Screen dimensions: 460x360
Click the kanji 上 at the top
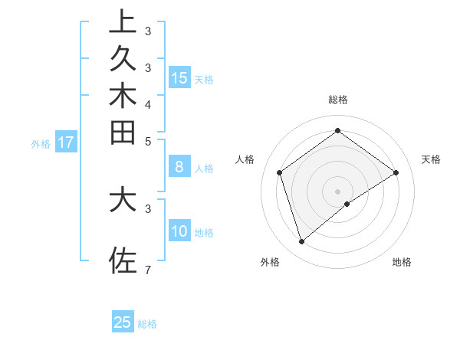[x=123, y=21]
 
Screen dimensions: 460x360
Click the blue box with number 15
[x=179, y=77]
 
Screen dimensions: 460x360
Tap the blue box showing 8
[x=179, y=166]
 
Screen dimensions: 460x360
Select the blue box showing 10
[x=179, y=231]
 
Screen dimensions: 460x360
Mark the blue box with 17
[x=66, y=142]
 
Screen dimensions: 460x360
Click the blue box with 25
[x=123, y=322]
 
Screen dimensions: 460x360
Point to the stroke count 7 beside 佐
[x=147, y=270]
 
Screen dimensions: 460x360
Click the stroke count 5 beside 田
[x=147, y=141]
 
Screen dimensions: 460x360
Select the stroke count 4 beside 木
[x=147, y=103]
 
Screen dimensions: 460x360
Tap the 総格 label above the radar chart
[x=337, y=100]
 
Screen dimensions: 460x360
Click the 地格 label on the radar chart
[x=402, y=262]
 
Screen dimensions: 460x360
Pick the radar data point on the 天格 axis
[x=396, y=172]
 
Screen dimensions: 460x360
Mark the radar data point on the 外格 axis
[x=301, y=242]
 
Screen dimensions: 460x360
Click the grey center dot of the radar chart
[x=337, y=191]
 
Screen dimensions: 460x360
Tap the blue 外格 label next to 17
[x=41, y=143]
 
